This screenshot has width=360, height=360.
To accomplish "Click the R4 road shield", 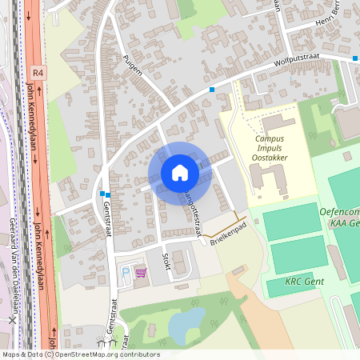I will [x=39, y=72].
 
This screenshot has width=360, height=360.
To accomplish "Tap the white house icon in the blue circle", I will [x=179, y=172].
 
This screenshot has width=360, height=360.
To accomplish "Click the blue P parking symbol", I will [x=125, y=273].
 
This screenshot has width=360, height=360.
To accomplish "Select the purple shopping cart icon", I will [x=142, y=273].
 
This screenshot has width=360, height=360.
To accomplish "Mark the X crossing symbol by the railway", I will [x=12, y=319].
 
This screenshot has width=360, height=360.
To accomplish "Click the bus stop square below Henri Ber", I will [x=354, y=58].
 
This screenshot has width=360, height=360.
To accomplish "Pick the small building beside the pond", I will [x=150, y=330].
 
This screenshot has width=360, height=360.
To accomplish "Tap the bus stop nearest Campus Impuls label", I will [x=212, y=90].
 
